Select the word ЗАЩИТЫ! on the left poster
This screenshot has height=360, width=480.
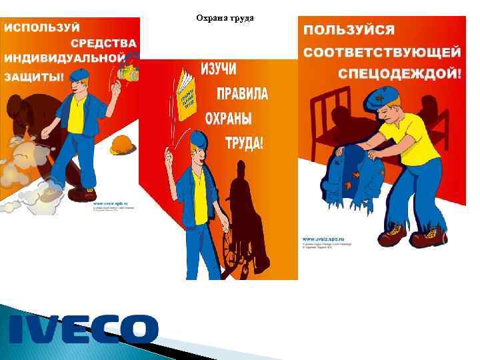coord(35,77)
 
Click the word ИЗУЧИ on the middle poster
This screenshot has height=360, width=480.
coord(219,69)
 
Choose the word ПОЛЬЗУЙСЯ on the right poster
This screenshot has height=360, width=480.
coord(349,31)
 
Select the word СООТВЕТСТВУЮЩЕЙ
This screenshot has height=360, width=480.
coord(381,52)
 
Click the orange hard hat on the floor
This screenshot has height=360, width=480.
coord(123,144)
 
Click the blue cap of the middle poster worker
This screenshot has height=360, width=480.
coord(198,139)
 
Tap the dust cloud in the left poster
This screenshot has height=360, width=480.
coord(20,167)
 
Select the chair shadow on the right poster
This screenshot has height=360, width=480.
coord(333,120)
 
